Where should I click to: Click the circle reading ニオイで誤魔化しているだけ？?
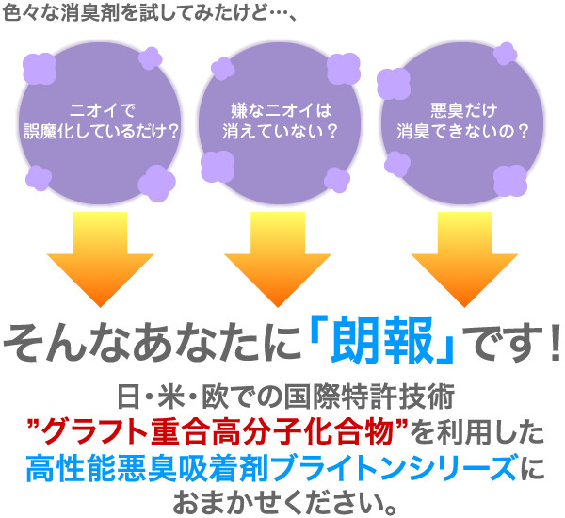(x=100, y=121)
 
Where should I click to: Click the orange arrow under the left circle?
(x=100, y=259)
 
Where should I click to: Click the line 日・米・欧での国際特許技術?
(x=282, y=401)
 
